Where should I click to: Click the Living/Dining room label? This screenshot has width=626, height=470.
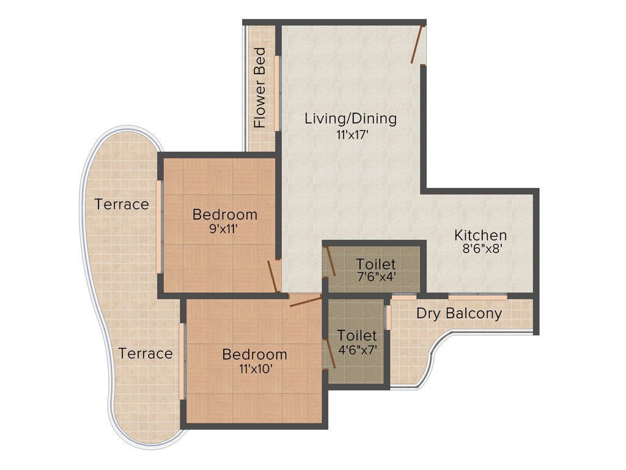tap(350, 119)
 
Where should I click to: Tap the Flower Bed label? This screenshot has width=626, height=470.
tap(260, 88)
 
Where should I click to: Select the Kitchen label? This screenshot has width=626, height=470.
tap(480, 235)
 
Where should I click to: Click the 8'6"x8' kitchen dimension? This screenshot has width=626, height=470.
tap(481, 249)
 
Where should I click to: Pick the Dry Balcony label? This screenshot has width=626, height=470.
tap(459, 314)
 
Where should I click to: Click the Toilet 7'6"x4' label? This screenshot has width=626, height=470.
tap(376, 264)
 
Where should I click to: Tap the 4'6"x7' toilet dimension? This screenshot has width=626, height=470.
tap(357, 350)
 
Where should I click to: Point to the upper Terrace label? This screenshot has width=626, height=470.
tap(122, 204)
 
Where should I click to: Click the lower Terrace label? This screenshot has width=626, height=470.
tap(145, 353)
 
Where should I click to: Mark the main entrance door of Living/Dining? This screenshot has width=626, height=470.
tap(418, 44)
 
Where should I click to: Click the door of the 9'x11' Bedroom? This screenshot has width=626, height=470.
tap(273, 277)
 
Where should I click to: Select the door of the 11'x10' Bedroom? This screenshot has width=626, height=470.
tap(304, 301)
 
